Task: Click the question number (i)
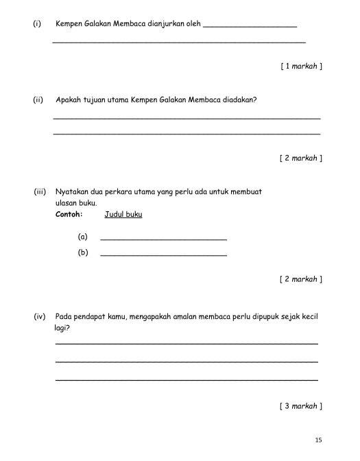pyautogui.click(x=37, y=24)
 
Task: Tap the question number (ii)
pyautogui.click(x=38, y=100)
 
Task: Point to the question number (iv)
pyautogui.click(x=39, y=317)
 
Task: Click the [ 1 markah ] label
pyautogui.click(x=301, y=67)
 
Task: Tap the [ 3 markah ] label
pyautogui.click(x=301, y=406)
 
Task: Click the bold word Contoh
pyautogui.click(x=69, y=214)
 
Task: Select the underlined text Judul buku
pyautogui.click(x=123, y=214)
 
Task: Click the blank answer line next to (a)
pyautogui.click(x=163, y=239)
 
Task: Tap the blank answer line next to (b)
pyautogui.click(x=163, y=255)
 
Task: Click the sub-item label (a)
pyautogui.click(x=83, y=237)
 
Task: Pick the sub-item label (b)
pyautogui.click(x=83, y=252)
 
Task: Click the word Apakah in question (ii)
pyautogui.click(x=68, y=100)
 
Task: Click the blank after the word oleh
pyautogui.click(x=250, y=25)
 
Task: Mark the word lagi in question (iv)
pyautogui.click(x=62, y=329)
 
